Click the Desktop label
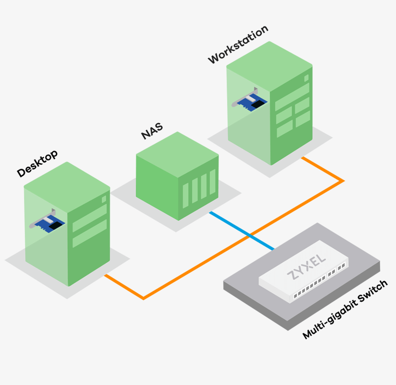click(x=37, y=164)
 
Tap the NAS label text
click(x=152, y=131)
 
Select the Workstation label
click(x=237, y=45)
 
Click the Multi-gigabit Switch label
click(x=345, y=310)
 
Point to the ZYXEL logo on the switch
click(x=306, y=266)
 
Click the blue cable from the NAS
click(x=241, y=230)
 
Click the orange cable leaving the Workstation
click(x=322, y=169)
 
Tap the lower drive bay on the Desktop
click(x=89, y=233)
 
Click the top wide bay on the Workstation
click(x=292, y=96)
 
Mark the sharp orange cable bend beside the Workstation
click(x=343, y=181)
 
